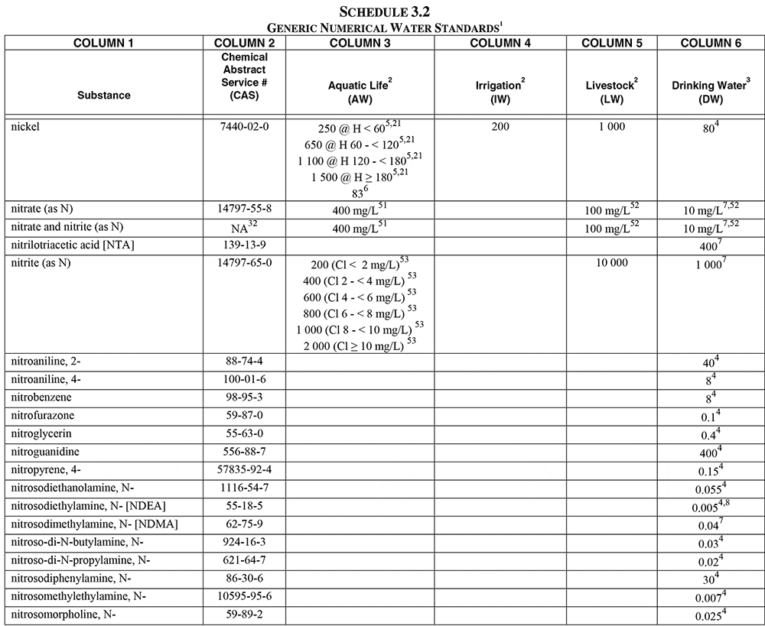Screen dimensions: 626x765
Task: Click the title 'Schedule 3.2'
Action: [x=383, y=11]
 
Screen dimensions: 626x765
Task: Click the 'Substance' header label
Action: [x=104, y=96]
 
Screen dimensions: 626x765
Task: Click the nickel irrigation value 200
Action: [x=500, y=126]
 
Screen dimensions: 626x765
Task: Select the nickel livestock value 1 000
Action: [x=611, y=126]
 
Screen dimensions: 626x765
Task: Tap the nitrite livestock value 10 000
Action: [x=611, y=263]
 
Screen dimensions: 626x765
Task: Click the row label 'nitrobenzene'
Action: [x=41, y=398]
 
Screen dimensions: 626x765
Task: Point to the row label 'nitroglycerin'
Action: [x=42, y=433]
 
